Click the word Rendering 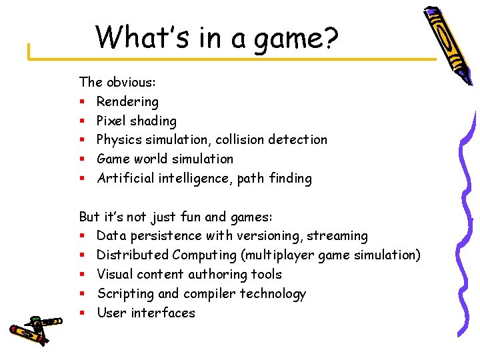point(127,102)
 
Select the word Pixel point(111,121)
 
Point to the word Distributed point(133,255)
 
